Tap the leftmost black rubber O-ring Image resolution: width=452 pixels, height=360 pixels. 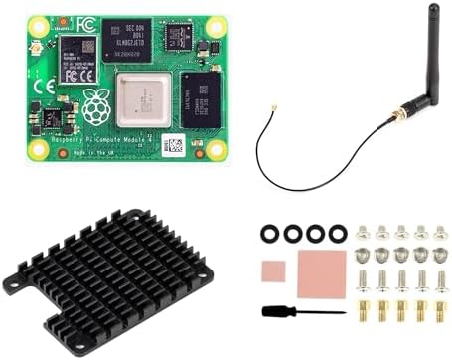(x=269, y=234)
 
